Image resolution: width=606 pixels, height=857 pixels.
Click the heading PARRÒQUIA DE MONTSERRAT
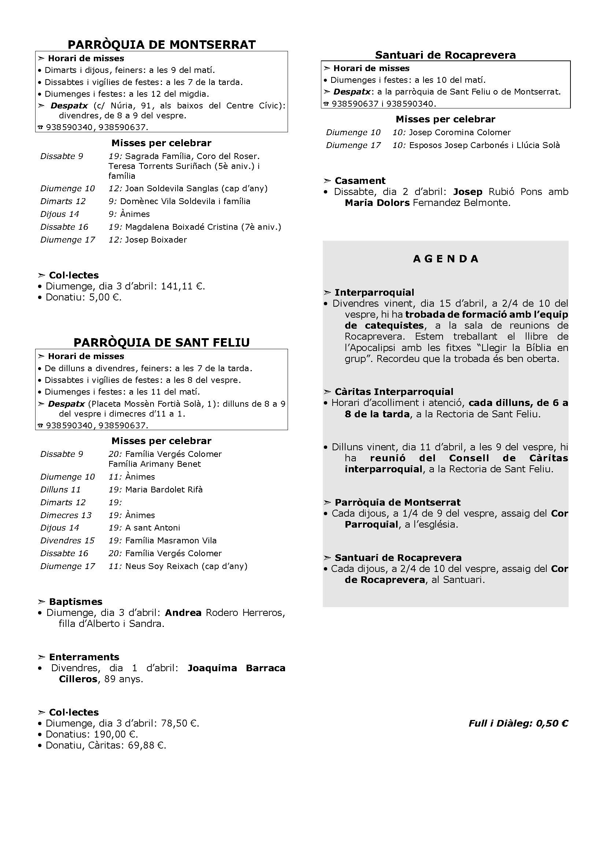[x=162, y=45]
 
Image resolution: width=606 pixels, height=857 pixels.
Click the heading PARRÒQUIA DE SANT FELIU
[x=162, y=343]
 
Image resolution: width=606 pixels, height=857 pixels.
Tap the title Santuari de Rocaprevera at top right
[x=445, y=55]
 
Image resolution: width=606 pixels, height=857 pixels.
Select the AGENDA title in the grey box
[x=446, y=259]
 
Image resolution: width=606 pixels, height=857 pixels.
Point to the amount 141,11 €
[x=183, y=286]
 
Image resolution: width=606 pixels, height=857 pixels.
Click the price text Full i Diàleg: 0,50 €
[x=518, y=723]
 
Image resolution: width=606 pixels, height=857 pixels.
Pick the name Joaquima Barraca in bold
[x=236, y=668]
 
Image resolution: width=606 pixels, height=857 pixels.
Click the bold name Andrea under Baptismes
[x=183, y=613]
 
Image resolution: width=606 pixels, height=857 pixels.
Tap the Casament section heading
[x=360, y=181]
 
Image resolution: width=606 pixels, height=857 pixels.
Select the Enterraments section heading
[x=84, y=657]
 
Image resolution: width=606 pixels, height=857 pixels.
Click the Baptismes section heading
[x=75, y=602]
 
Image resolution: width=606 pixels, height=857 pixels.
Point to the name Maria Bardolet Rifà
[x=164, y=490]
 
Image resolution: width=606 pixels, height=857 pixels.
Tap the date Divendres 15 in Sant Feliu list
[x=67, y=540]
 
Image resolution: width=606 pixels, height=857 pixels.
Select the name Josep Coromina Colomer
[x=460, y=133]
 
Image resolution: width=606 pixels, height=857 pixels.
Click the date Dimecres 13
[x=66, y=515]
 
